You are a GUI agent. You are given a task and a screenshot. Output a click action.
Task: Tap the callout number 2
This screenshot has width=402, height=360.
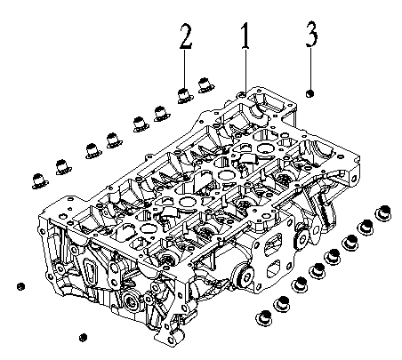click(184, 37)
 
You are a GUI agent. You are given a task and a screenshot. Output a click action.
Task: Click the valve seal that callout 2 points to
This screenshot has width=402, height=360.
click(184, 92)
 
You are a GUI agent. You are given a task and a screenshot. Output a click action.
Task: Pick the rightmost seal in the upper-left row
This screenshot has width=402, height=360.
click(205, 85)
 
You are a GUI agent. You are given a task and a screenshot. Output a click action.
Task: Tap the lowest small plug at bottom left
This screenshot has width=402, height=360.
click(83, 337)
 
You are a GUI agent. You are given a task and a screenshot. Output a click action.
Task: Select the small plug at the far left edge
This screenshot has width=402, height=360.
click(19, 286)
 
